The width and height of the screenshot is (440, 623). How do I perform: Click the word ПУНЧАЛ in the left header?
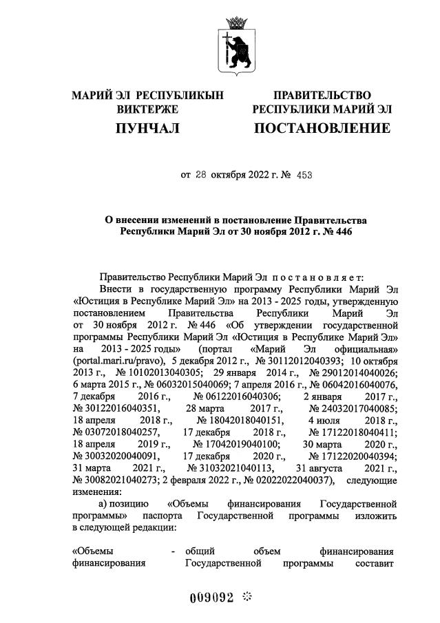147,128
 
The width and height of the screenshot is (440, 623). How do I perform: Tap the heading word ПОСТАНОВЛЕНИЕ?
322,128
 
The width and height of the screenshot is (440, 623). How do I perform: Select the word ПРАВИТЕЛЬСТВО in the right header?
322,95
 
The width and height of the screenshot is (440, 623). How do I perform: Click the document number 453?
304,175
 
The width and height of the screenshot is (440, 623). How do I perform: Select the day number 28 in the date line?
201,175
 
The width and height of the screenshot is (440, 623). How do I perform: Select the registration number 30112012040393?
300,360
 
